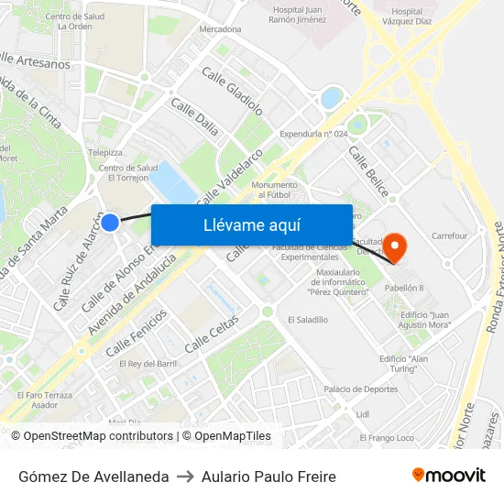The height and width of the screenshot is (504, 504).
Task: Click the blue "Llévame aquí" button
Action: [251, 225]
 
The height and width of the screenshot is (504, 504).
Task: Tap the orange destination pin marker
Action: [396, 245]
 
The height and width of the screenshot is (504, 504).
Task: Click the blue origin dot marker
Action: [110, 222]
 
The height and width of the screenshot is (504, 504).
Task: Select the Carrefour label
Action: [449, 236]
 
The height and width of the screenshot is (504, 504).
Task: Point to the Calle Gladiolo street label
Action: [232, 91]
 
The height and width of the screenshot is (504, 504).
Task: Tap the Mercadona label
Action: [220, 29]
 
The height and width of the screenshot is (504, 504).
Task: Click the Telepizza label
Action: [104, 152]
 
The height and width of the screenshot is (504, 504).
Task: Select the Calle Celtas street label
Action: [212, 334]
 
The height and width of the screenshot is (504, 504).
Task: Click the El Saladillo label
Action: [308, 320]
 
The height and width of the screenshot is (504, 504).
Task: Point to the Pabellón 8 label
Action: [403, 288]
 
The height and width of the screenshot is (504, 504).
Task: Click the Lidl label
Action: [362, 414]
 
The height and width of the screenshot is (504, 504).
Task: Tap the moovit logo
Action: [448, 476]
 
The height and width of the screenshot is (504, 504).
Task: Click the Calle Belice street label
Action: [367, 172]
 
